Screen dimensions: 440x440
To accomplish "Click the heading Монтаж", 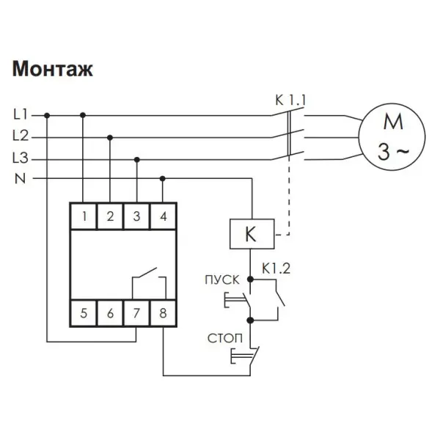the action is pyautogui.click(x=53, y=69).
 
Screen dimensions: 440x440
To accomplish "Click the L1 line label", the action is pyautogui.click(x=21, y=114).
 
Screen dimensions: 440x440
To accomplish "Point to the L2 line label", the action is pyautogui.click(x=21, y=136).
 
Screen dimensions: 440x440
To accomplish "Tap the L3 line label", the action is pyautogui.click(x=21, y=158).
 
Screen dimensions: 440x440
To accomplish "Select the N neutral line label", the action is pyautogui.click(x=20, y=178).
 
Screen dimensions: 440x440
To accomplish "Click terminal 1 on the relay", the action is pyautogui.click(x=84, y=216).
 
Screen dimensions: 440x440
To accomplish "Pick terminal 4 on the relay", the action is pyautogui.click(x=164, y=216).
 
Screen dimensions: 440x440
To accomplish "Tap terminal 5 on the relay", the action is pyautogui.click(x=84, y=313).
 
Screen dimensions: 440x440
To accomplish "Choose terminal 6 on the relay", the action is pyautogui.click(x=110, y=313).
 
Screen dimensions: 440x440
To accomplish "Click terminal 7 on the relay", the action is pyautogui.click(x=136, y=313).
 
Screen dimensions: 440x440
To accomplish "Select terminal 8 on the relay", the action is pyautogui.click(x=164, y=313).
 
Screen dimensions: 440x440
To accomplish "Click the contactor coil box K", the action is pyautogui.click(x=252, y=234).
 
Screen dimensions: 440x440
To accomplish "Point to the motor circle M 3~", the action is pyautogui.click(x=392, y=137).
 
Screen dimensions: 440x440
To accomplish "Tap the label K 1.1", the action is pyautogui.click(x=290, y=100).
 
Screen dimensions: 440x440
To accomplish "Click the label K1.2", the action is pyautogui.click(x=276, y=268).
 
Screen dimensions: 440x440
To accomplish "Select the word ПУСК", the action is pyautogui.click(x=222, y=280).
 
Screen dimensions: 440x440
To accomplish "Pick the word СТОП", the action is pyautogui.click(x=225, y=338).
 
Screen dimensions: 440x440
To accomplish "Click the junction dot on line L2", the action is pyautogui.click(x=110, y=138).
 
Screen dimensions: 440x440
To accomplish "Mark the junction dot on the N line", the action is pyautogui.click(x=163, y=178).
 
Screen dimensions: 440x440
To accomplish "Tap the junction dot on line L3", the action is pyautogui.click(x=137, y=160).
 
